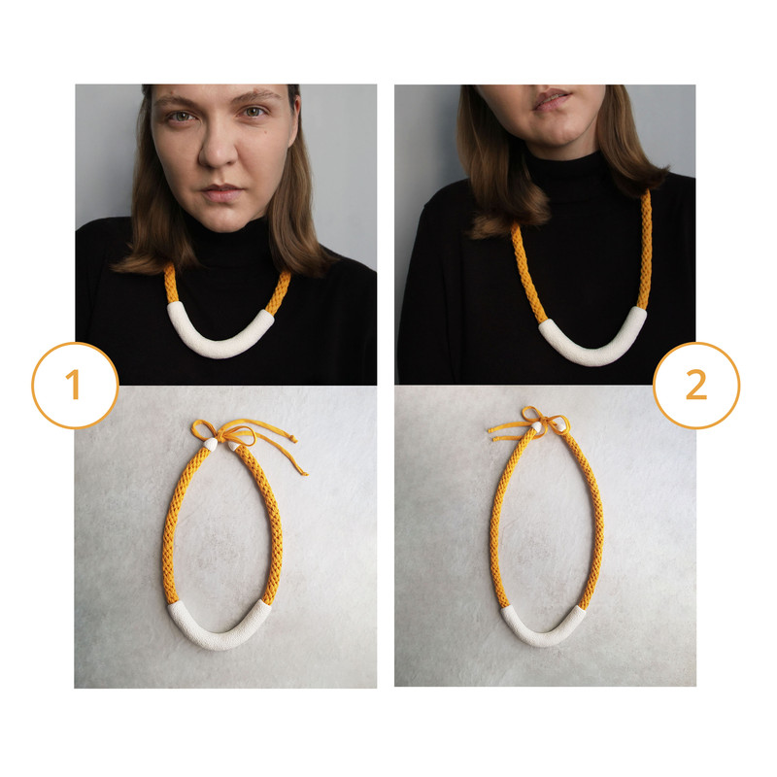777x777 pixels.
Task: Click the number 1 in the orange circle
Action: [74, 384]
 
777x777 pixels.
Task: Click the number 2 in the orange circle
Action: [696, 385]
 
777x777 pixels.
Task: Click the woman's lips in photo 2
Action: [553, 100]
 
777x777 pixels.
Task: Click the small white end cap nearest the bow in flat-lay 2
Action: [537, 425]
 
